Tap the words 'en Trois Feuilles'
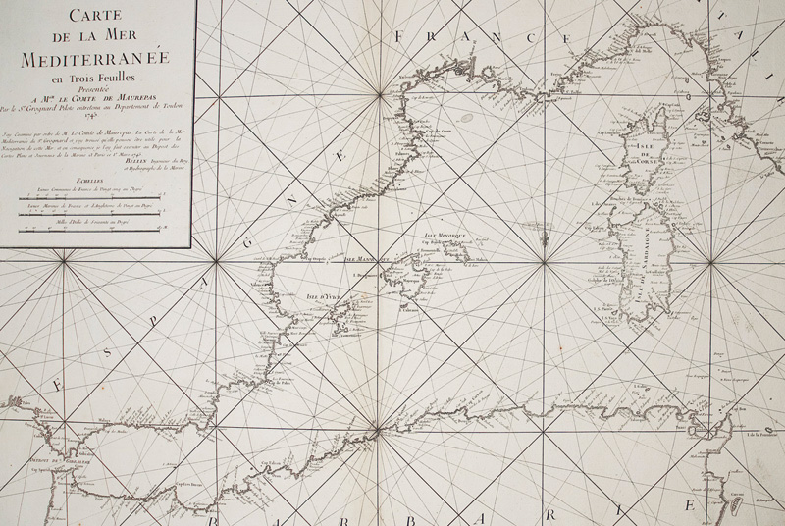(95, 79)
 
